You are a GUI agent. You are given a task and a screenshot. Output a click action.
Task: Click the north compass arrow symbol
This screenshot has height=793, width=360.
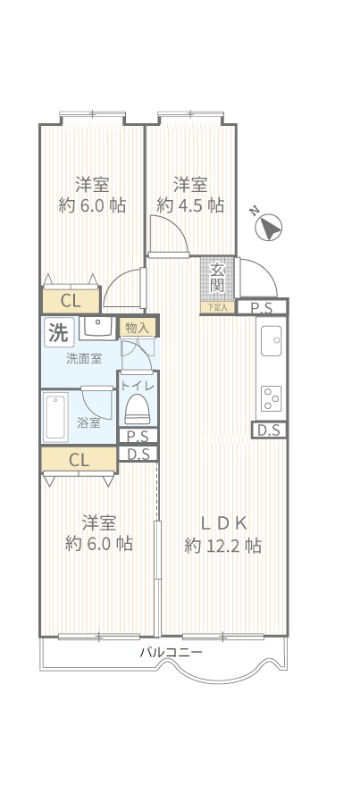(x=269, y=228)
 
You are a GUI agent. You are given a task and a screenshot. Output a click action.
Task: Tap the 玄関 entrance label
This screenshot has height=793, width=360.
(x=217, y=278)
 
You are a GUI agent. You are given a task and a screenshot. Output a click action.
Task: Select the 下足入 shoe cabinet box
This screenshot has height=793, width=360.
(x=218, y=307)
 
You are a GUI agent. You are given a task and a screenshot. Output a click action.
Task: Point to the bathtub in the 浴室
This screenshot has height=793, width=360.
(x=55, y=418)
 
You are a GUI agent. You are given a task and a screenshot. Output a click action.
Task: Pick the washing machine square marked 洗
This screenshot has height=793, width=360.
(x=59, y=332)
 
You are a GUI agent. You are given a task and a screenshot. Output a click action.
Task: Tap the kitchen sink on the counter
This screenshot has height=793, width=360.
(x=272, y=341)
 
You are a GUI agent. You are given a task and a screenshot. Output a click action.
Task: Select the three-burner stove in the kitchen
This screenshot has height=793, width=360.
(x=272, y=399)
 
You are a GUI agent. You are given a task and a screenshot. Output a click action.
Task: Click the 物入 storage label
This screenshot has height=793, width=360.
(x=137, y=328)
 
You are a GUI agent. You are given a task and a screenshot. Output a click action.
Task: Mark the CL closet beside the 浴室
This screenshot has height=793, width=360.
(x=79, y=460)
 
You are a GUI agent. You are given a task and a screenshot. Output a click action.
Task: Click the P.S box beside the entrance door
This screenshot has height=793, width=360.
(x=262, y=307)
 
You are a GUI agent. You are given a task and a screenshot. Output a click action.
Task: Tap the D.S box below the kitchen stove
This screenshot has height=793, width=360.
(x=270, y=430)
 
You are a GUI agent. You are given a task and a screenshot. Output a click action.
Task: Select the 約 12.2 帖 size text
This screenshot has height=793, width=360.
(x=223, y=547)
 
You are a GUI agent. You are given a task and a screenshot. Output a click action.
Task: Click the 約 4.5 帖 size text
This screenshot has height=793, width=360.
(x=190, y=205)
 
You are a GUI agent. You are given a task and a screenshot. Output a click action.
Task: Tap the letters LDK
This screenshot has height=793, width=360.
(x=223, y=523)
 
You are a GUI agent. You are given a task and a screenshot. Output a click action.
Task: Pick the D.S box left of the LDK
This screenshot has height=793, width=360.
(x=138, y=454)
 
